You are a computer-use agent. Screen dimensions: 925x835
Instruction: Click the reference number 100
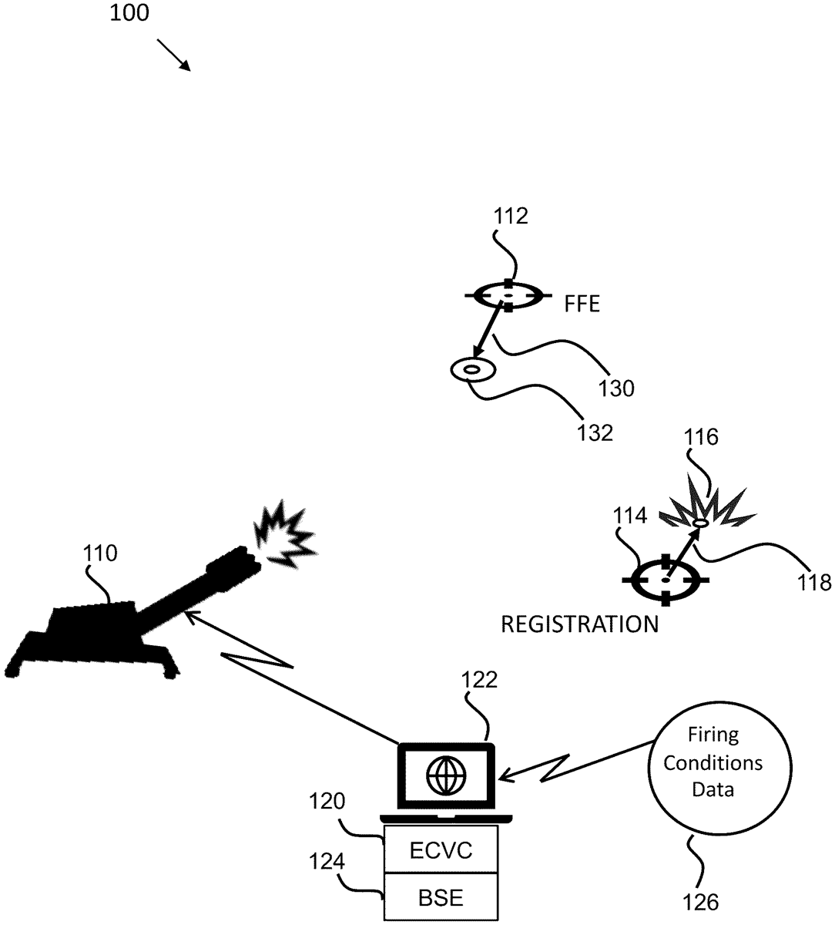coord(130,13)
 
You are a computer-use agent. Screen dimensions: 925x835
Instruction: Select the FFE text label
coord(582,304)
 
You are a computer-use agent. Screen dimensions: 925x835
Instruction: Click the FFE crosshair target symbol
coord(508,295)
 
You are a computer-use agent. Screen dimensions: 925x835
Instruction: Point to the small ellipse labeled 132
coord(471,370)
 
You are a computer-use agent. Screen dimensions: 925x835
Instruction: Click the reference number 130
coord(616,388)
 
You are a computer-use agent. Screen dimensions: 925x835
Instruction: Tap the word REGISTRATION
coord(580,624)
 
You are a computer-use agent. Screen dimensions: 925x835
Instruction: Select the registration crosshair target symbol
coord(666,578)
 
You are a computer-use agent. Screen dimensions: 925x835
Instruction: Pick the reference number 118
coord(816,582)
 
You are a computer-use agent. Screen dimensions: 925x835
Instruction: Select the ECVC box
coord(441,851)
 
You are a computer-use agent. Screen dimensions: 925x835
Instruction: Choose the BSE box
coord(441,897)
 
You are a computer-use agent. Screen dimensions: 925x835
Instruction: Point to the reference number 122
coord(479,681)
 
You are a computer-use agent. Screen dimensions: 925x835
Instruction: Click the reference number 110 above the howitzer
coord(101,553)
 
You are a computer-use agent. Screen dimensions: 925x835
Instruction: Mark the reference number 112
coord(511,217)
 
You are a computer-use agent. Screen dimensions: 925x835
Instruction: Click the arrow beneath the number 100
coord(174,55)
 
